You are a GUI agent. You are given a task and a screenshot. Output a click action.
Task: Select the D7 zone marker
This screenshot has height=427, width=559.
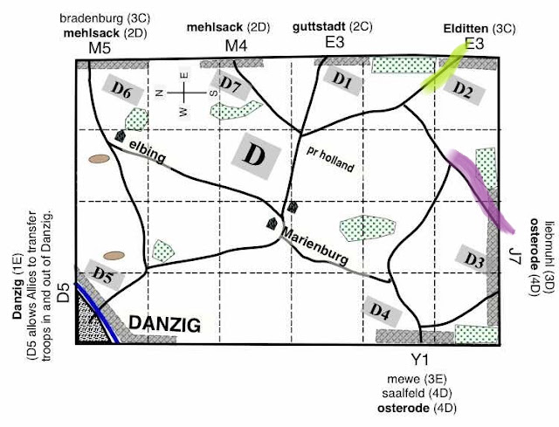(231, 86)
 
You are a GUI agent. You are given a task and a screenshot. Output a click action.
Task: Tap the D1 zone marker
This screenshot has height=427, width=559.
(342, 81)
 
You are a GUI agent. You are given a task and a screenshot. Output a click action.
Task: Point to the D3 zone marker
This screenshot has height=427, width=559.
(474, 259)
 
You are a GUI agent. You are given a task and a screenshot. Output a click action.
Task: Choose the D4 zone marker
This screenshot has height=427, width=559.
(382, 311)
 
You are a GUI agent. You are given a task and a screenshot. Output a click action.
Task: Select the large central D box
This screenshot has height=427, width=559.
(256, 155)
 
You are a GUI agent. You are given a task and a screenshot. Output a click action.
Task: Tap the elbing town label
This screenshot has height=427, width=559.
(148, 151)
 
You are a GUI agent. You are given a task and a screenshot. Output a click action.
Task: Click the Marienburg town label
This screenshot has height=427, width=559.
(314, 246)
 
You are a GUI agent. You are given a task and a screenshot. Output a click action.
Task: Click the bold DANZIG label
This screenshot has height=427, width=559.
(165, 324)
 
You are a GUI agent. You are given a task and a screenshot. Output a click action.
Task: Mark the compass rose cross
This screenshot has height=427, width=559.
(184, 93)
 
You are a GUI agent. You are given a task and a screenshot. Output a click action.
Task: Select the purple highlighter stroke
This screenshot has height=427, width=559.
(480, 190)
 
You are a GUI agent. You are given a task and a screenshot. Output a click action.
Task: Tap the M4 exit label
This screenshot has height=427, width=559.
(236, 46)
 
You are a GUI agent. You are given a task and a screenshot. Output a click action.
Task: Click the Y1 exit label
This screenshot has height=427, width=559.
(420, 360)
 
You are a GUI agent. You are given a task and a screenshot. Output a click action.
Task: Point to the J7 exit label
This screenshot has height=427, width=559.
(515, 255)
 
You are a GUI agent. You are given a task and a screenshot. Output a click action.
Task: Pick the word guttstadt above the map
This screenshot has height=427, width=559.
(319, 27)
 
